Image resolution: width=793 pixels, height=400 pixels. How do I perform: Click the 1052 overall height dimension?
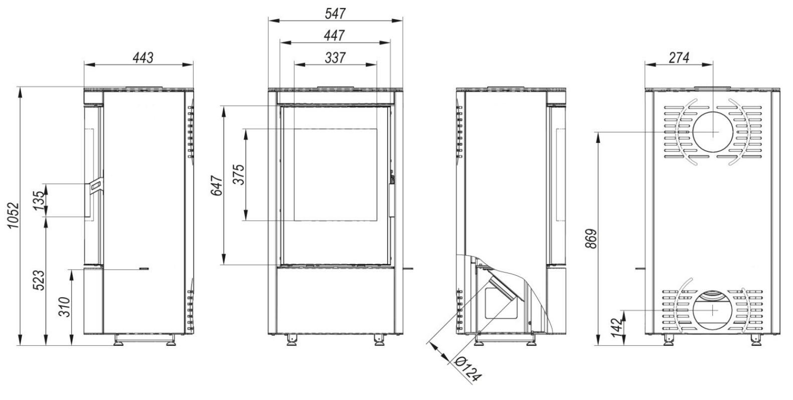13,216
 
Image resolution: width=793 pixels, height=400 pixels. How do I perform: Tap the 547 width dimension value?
335,14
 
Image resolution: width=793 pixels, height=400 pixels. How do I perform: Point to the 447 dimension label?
334,36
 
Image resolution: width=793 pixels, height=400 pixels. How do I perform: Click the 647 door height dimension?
217,185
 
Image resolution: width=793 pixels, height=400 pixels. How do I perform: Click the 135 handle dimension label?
40,200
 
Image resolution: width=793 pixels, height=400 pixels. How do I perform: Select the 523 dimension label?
39,280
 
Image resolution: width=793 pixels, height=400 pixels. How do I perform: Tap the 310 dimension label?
64,307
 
